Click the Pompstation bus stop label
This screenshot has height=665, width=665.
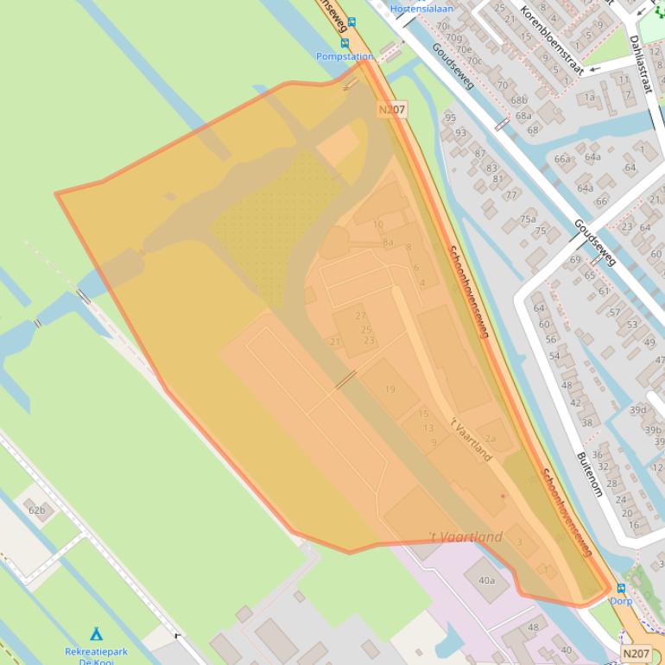coord(345,56)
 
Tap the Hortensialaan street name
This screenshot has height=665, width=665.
coord(421,9)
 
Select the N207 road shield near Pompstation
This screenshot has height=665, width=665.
coord(391,110)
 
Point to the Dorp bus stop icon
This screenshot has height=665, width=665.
coord(621,588)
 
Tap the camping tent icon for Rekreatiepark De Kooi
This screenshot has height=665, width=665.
coord(96,635)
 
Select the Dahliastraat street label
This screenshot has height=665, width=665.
coord(643,66)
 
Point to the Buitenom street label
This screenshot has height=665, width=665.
coord(589,473)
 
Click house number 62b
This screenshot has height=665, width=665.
coord(36,510)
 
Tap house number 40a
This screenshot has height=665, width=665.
coord(486,580)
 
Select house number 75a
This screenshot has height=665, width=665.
coord(527,219)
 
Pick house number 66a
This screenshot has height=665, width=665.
coord(562,159)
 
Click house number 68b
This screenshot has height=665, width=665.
coord(518,100)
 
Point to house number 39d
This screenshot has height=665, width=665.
coord(637,410)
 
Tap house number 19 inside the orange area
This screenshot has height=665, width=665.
coord(389,389)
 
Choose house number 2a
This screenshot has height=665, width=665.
coord(491,439)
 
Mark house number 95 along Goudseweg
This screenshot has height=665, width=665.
coord(450,117)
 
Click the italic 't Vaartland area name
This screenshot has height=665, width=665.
coord(465,537)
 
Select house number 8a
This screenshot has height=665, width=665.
coord(388,243)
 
